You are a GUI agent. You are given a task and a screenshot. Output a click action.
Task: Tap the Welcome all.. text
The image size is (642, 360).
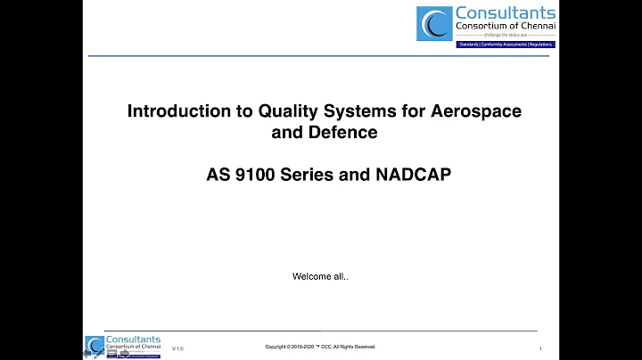click(320, 276)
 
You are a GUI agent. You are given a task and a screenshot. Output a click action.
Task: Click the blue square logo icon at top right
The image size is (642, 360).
click(434, 23)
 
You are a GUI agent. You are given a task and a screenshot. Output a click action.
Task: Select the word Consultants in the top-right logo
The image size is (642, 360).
click(505, 12)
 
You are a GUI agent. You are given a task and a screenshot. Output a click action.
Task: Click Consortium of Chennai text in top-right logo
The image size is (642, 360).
click(505, 27)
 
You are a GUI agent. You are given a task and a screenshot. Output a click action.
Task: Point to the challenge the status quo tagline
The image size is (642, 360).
click(505, 37)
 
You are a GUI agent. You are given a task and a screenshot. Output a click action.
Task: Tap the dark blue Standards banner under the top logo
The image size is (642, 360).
click(505, 44)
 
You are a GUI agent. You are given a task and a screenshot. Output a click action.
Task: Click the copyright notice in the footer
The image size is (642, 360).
click(320, 346)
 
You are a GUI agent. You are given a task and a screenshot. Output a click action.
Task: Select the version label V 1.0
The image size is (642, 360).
click(177, 348)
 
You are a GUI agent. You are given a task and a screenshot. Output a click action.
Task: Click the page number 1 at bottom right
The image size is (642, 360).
click(541, 348)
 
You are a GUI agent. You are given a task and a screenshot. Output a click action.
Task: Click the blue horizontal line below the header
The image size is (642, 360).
click(320, 56)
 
